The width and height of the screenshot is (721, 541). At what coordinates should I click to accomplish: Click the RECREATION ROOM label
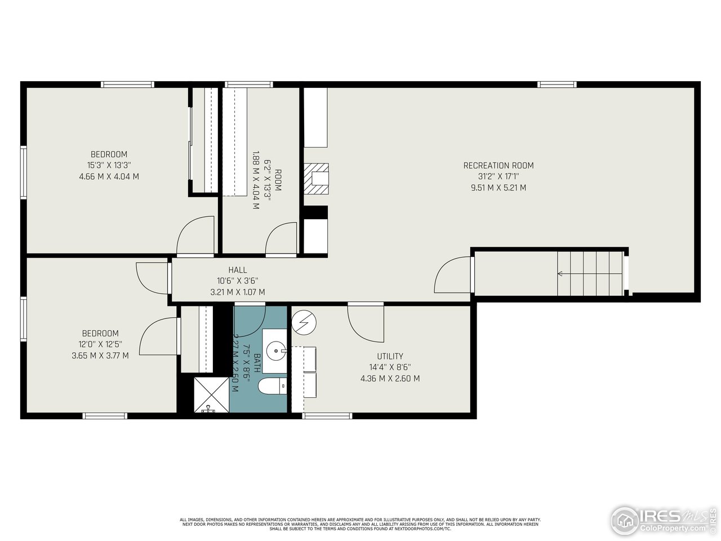(498, 165)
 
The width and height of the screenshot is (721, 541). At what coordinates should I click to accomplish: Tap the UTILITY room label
(390, 356)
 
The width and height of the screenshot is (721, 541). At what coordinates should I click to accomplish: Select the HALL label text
(237, 270)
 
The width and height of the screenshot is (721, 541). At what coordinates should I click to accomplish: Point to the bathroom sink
(276, 351)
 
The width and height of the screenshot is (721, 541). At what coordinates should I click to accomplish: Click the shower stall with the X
(211, 394)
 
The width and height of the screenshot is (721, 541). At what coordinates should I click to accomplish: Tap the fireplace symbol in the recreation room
(316, 179)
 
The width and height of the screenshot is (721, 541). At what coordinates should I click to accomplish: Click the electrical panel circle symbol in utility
(304, 322)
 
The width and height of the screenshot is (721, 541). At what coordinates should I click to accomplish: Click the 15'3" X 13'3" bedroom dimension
(109, 165)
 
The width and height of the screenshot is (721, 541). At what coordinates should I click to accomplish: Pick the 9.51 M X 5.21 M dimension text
(498, 188)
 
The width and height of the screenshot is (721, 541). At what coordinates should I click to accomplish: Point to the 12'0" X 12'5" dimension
(100, 344)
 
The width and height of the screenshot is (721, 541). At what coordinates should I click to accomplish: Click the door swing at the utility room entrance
(365, 323)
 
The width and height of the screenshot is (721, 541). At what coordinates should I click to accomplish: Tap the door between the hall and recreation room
(453, 275)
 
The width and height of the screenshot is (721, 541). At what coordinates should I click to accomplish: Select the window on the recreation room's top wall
(557, 85)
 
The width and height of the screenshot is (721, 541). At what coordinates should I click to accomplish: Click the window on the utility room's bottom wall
(327, 416)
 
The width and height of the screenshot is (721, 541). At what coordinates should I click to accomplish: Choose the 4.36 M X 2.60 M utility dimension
(390, 379)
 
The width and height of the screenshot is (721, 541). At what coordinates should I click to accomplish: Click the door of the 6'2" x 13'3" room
(282, 240)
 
